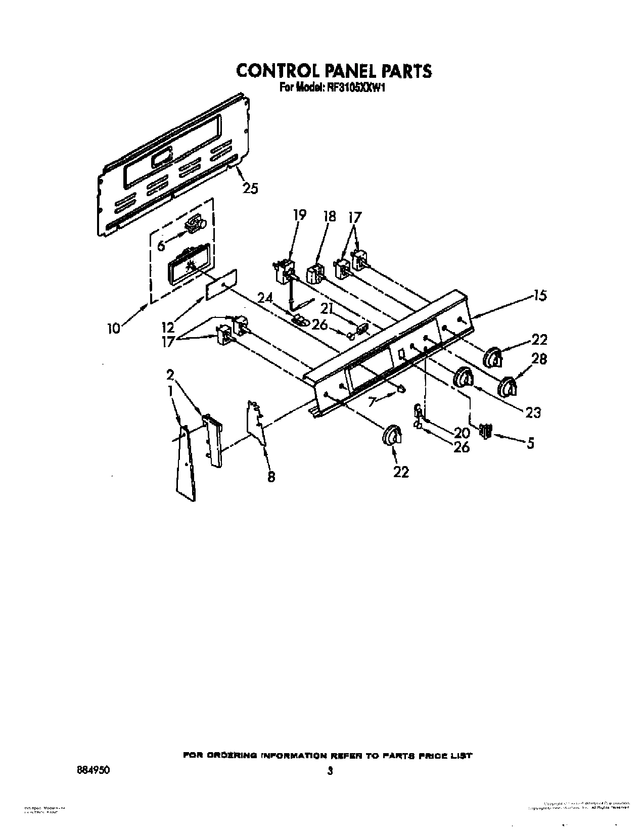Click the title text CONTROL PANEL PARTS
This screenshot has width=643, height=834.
click(334, 71)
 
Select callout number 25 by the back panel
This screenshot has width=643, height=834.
click(250, 188)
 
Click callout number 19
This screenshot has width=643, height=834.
click(299, 215)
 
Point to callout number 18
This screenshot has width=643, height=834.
click(329, 216)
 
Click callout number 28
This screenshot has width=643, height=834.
click(540, 359)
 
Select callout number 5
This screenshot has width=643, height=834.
click(530, 443)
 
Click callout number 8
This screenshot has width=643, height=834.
click(271, 476)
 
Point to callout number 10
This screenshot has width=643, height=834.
click(114, 328)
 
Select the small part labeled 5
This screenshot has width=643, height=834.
click(486, 431)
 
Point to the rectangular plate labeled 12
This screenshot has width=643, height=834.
click(221, 285)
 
